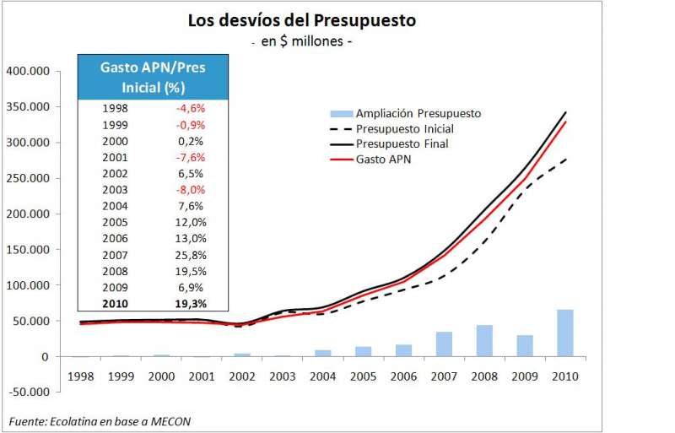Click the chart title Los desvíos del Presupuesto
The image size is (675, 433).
(301, 20)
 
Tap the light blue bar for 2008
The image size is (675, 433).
(484, 341)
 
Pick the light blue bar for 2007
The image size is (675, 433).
(445, 344)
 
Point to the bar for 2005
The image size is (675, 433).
(364, 352)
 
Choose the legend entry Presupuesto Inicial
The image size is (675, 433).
(404, 128)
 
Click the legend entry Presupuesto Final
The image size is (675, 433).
(401, 144)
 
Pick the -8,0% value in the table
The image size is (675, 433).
(190, 190)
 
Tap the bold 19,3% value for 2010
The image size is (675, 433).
(190, 304)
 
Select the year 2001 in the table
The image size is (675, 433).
(115, 158)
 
